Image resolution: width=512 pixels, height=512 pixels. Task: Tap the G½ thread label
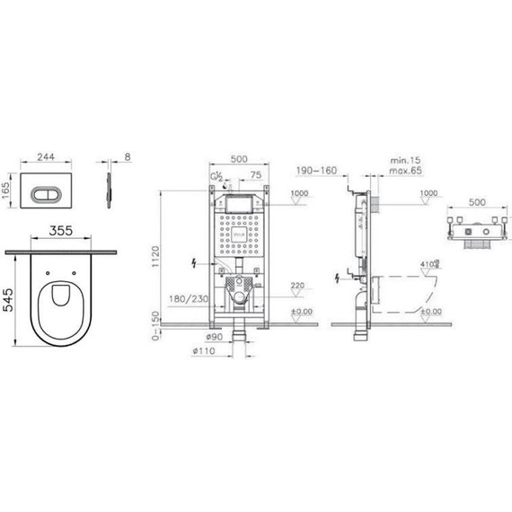[216, 178]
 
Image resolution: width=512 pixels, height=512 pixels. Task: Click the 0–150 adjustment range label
[157, 327]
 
